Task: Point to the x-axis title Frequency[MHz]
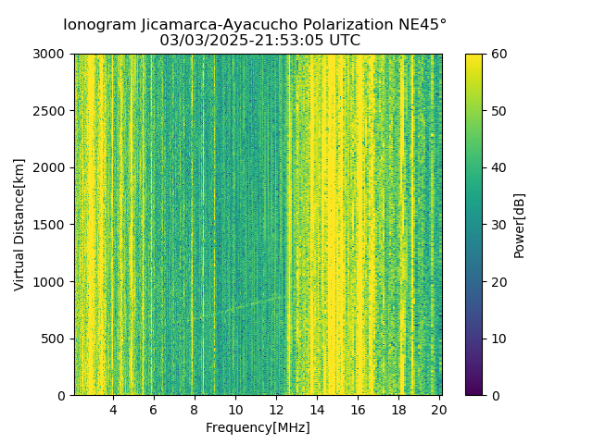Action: tap(258, 427)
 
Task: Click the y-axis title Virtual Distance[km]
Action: tap(19, 225)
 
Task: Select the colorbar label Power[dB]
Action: tap(520, 225)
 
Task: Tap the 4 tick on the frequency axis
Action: tap(113, 410)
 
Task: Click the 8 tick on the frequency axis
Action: tap(195, 410)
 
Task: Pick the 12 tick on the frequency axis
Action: tap(276, 410)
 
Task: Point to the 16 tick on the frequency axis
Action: tap(358, 410)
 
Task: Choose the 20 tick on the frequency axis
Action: tap(439, 410)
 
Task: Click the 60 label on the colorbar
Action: tap(498, 54)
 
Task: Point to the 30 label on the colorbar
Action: tap(498, 225)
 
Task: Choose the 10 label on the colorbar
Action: tap(498, 339)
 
